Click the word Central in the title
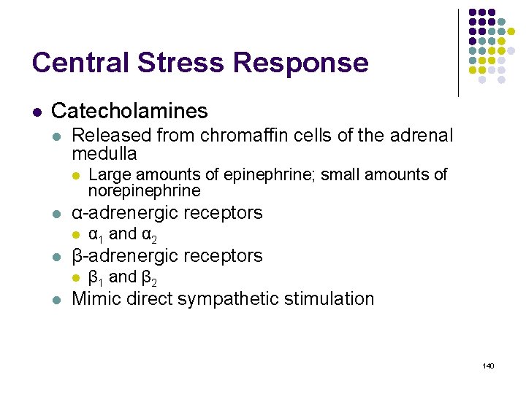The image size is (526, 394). pos(77,63)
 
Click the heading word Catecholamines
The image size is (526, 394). pos(129,111)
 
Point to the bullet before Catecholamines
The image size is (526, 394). pos(37,112)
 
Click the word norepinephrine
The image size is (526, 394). pos(144,191)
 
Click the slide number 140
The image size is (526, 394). pos(488,365)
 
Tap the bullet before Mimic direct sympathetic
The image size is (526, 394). pos(58,299)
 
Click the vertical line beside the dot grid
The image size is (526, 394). pos(458,53)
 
